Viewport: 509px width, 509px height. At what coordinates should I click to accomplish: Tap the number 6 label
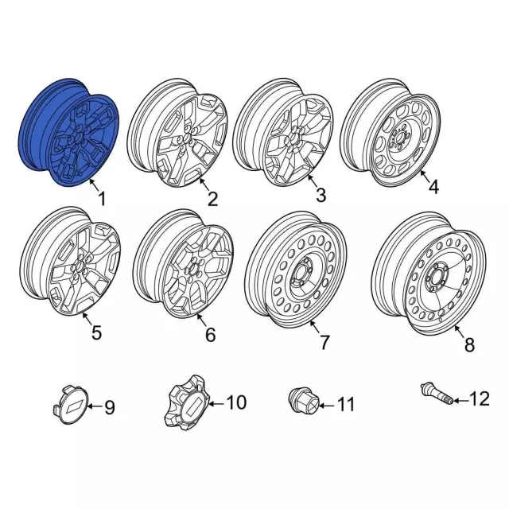click(x=210, y=336)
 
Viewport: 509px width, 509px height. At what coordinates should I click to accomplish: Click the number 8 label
click(x=468, y=344)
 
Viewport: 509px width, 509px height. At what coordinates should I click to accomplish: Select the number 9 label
click(x=110, y=408)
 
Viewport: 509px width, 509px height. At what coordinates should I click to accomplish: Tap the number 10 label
click(x=236, y=403)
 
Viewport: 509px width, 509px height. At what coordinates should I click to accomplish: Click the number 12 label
click(x=481, y=398)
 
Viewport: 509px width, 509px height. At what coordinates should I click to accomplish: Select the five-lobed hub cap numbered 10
click(x=184, y=403)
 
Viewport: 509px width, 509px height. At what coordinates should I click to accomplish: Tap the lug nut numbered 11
click(x=301, y=402)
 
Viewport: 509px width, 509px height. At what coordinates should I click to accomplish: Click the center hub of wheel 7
click(x=303, y=277)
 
